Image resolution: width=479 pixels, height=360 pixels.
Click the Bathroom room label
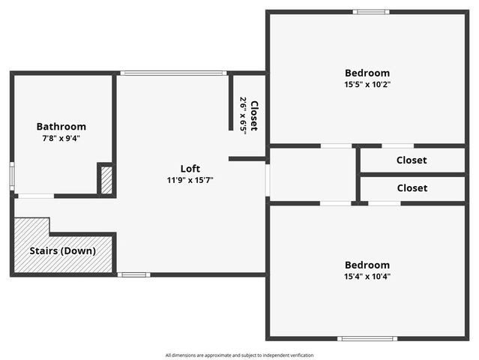pos(61,127)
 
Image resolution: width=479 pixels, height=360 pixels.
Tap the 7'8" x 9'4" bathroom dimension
pos(61,138)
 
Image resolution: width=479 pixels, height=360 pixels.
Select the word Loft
pos(190,168)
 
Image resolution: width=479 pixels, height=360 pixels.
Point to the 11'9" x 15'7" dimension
pos(190,180)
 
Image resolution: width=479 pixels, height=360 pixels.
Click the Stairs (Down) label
pos(62,250)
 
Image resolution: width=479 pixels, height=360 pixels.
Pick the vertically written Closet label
pos(254,115)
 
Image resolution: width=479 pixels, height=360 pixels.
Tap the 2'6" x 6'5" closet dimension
pos(243,114)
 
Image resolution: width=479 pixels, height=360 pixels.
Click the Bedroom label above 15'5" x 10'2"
pos(367,73)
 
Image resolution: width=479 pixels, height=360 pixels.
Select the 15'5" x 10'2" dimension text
pos(367,84)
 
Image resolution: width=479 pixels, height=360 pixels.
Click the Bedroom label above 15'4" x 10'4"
pos(367,265)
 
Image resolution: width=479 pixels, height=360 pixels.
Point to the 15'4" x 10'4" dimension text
pos(367,276)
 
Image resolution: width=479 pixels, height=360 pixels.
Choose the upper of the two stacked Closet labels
pos(412,160)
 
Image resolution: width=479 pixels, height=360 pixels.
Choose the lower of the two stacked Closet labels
pos(412,188)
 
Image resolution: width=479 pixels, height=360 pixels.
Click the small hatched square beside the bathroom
pos(106,181)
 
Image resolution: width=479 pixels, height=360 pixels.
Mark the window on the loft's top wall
pos(173,73)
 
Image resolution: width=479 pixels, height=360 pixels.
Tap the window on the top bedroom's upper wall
pos(371,12)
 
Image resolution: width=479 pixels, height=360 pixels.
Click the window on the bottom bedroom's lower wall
pos(367,338)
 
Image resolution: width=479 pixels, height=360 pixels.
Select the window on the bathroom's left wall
pos(12,174)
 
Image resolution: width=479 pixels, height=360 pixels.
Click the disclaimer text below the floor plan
pos(239,355)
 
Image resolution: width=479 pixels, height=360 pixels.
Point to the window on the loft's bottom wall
pos(133,274)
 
